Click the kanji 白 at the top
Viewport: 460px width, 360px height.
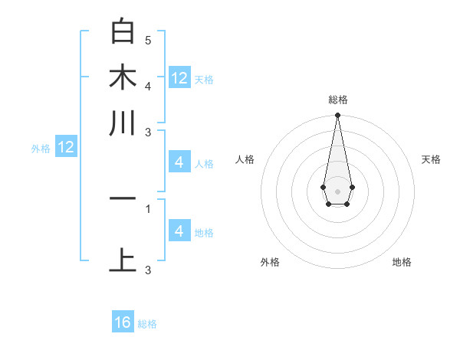point(123,31)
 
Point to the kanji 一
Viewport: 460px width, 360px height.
point(123,198)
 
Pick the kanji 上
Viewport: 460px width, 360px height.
point(123,259)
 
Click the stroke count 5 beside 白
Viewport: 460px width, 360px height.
point(148,40)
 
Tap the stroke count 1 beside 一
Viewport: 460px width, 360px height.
point(148,208)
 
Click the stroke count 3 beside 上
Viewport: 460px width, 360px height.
point(148,269)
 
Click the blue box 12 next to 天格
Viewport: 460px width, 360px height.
point(179,78)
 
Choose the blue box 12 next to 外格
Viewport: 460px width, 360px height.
point(66,148)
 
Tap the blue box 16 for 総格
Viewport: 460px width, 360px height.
point(123,322)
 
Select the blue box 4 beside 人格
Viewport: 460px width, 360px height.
point(179,162)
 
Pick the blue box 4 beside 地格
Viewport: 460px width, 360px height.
point(179,231)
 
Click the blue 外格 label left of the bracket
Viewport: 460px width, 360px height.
point(41,149)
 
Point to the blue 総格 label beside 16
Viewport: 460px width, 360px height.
point(147,324)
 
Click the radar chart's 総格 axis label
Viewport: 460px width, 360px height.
point(337,100)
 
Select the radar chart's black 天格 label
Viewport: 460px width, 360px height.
point(431,159)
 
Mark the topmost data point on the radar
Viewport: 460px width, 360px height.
point(337,116)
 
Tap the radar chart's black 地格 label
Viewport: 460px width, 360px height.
point(402,262)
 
